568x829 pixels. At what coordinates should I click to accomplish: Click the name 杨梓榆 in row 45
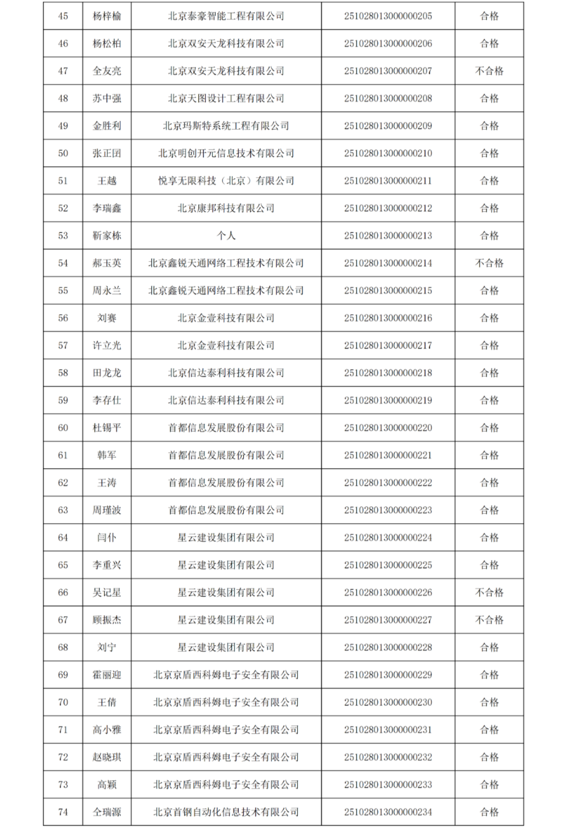click(x=107, y=16)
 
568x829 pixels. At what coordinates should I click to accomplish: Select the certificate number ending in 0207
click(x=388, y=71)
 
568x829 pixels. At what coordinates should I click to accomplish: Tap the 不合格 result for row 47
click(x=489, y=71)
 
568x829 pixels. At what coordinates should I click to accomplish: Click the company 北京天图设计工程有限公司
click(x=226, y=98)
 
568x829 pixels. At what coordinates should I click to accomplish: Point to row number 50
click(x=63, y=153)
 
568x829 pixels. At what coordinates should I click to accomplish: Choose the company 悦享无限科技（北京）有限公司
click(x=226, y=181)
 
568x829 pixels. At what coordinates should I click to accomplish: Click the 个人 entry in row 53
click(x=226, y=235)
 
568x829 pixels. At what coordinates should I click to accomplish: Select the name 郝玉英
click(x=107, y=263)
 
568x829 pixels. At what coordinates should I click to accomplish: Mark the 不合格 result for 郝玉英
click(x=489, y=263)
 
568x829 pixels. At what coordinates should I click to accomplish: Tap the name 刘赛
click(x=107, y=318)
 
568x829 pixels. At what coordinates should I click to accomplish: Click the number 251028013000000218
click(x=388, y=373)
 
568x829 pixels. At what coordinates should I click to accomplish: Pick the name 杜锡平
click(x=107, y=428)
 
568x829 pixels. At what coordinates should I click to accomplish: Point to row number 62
click(x=63, y=483)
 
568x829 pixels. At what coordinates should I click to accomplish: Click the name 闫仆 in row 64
click(x=107, y=537)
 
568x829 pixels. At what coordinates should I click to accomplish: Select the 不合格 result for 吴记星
click(x=489, y=592)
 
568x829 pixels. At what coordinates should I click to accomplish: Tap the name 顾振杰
click(x=107, y=620)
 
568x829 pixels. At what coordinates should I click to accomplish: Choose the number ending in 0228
click(x=388, y=647)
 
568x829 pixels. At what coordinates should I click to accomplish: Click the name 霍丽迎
click(x=107, y=675)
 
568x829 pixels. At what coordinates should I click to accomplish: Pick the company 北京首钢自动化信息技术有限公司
click(x=226, y=812)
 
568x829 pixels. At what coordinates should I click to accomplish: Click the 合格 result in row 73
click(x=489, y=785)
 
